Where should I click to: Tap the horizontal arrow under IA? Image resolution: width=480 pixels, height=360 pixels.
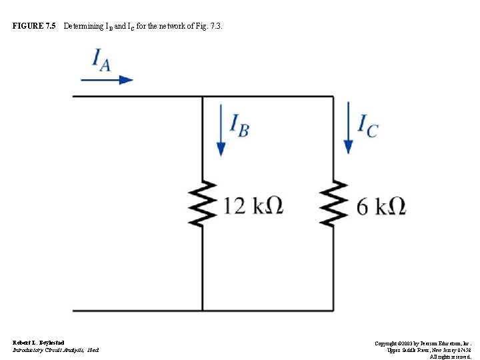click(x=107, y=79)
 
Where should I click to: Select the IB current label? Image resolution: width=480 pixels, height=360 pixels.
click(x=239, y=125)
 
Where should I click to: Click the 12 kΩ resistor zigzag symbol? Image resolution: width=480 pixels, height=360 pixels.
click(x=202, y=203)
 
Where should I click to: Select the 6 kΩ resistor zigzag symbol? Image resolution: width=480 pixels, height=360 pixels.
click(x=333, y=203)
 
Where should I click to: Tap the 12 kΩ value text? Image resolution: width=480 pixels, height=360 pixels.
click(x=253, y=206)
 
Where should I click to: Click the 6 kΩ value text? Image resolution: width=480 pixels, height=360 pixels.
click(x=381, y=206)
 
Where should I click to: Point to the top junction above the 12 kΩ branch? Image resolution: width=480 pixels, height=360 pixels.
click(x=202, y=97)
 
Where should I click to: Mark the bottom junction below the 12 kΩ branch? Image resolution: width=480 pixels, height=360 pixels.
click(x=202, y=311)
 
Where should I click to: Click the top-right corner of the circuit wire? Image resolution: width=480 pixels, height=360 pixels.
click(x=333, y=97)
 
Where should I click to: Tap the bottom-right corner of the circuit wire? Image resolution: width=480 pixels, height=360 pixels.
click(x=333, y=311)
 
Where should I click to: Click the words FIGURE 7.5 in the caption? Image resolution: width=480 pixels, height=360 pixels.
click(x=34, y=27)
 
